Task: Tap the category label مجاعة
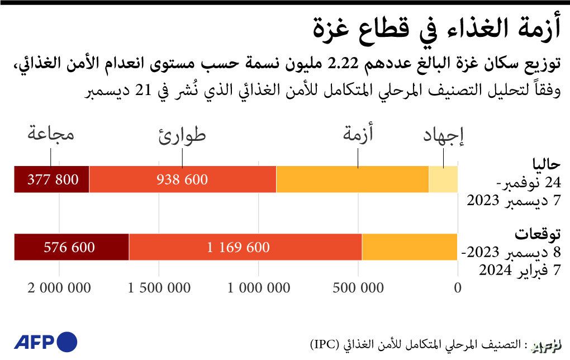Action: coord(52,134)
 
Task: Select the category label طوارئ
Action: coord(182,135)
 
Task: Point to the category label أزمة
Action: coord(358,134)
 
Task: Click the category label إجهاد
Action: coord(444,136)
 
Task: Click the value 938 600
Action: coord(182,179)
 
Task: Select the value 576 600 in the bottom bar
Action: coord(69,247)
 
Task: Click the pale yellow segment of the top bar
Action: coord(443,179)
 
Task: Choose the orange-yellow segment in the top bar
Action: coord(352,179)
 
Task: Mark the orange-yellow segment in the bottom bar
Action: coord(410,247)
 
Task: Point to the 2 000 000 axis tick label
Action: coord(59,288)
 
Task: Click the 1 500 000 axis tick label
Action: coord(159,288)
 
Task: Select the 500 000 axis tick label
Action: coord(358,288)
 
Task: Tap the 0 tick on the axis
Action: coord(458,288)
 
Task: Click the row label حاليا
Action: coord(545,164)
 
